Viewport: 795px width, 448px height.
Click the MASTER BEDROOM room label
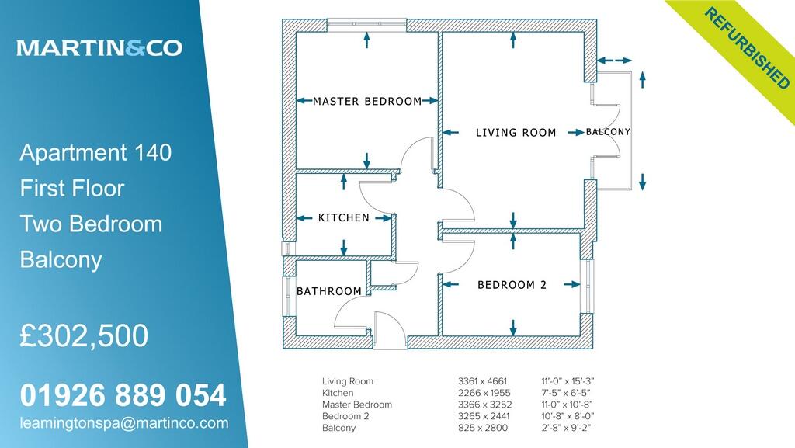click(x=367, y=101)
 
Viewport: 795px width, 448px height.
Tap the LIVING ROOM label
click(x=516, y=133)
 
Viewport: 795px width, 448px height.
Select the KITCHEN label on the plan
click(x=344, y=218)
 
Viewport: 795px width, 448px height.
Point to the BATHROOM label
click(x=329, y=291)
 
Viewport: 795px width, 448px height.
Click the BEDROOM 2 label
click(x=512, y=285)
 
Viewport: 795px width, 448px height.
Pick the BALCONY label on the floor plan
click(x=608, y=132)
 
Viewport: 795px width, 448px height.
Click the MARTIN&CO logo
click(x=99, y=48)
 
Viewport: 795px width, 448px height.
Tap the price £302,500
click(x=84, y=335)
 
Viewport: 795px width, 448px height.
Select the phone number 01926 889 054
click(x=123, y=395)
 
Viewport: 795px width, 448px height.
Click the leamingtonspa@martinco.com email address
click(x=124, y=423)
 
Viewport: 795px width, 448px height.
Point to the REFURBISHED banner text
click(x=747, y=47)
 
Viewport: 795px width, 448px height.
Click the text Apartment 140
click(x=95, y=152)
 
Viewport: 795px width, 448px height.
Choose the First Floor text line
click(x=72, y=188)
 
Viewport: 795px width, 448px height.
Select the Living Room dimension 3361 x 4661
click(x=482, y=381)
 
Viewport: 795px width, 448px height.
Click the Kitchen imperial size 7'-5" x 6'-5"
click(x=569, y=393)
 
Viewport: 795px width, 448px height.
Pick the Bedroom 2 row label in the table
click(x=345, y=416)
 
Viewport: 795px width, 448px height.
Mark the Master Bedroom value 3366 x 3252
click(x=482, y=405)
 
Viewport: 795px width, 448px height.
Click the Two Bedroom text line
click(x=91, y=224)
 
